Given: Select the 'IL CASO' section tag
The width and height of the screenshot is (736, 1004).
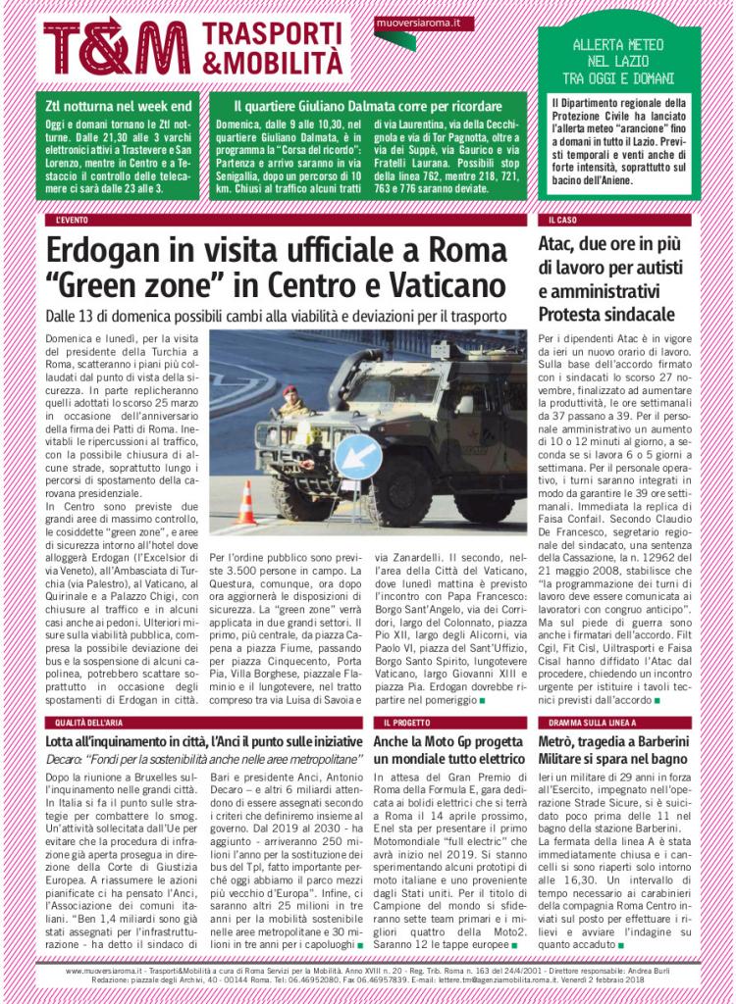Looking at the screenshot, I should [563, 220].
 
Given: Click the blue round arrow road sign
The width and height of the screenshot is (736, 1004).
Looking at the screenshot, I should [358, 456].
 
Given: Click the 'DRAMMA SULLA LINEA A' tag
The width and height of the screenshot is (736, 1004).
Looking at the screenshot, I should [586, 722].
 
